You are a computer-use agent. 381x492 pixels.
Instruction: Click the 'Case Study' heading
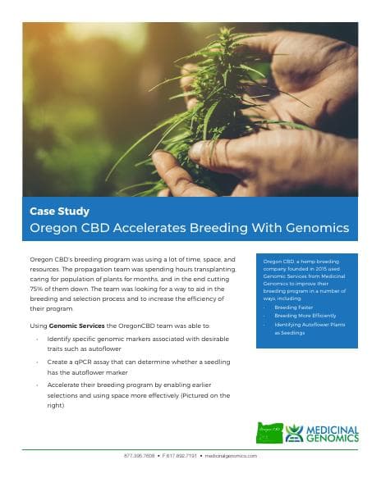(59, 212)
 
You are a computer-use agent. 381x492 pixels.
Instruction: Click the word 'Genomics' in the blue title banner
(314, 227)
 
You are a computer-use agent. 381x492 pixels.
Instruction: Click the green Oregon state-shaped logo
(269, 433)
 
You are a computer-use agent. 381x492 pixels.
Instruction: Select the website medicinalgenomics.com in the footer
(231, 455)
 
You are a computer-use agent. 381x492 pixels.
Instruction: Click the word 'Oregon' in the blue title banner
(54, 227)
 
